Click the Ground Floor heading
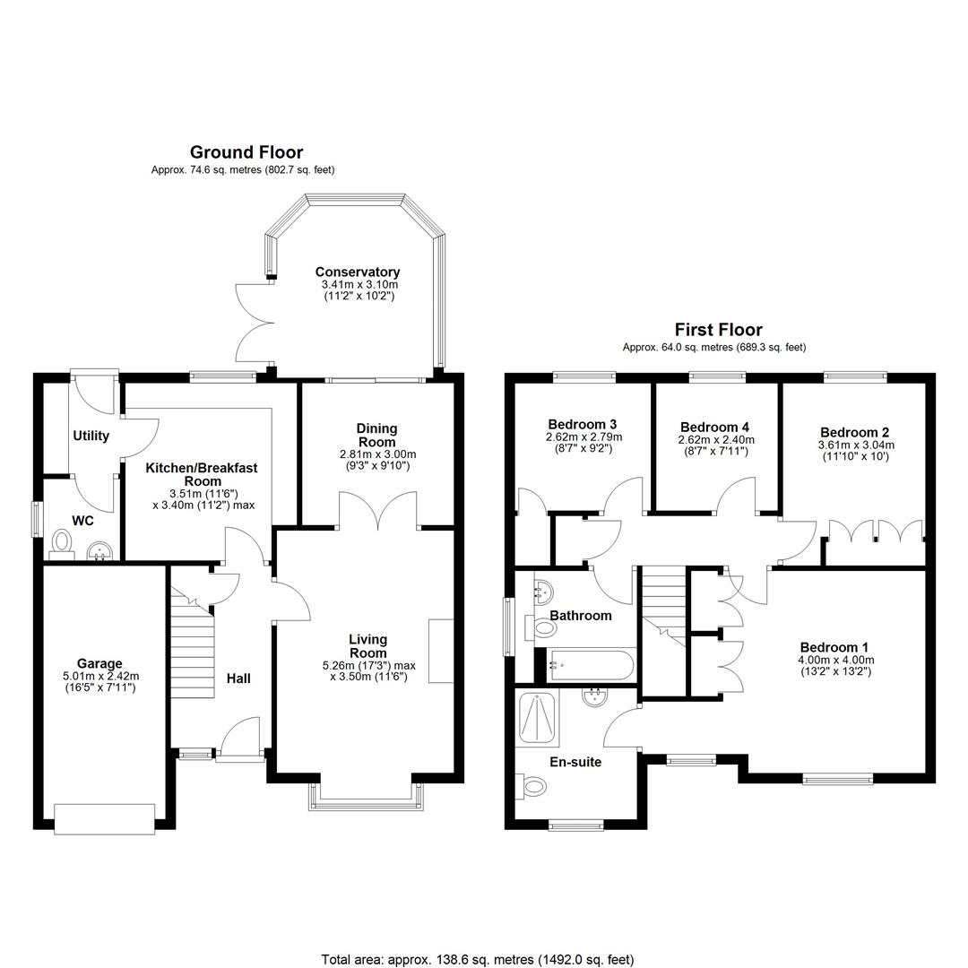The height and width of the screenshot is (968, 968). click(246, 151)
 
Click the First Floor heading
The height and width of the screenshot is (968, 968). click(718, 330)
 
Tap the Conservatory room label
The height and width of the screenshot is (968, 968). click(358, 272)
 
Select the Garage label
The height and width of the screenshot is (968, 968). click(99, 663)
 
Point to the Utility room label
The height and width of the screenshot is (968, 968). click(91, 436)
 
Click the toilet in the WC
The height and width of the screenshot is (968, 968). click(61, 543)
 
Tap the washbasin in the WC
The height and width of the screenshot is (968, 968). click(99, 550)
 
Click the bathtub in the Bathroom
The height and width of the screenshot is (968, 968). click(590, 665)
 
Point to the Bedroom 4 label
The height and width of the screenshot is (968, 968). click(715, 428)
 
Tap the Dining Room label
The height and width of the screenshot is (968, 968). click(376, 436)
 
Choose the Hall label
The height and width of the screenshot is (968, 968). click(238, 678)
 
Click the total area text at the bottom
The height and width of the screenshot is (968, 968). click(477, 959)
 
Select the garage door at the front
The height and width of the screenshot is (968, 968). click(104, 819)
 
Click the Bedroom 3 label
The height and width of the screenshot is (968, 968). click(583, 425)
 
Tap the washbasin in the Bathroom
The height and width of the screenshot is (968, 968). click(541, 592)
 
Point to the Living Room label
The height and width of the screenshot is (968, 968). click(368, 646)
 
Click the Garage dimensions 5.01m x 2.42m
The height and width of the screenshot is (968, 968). click(100, 676)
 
